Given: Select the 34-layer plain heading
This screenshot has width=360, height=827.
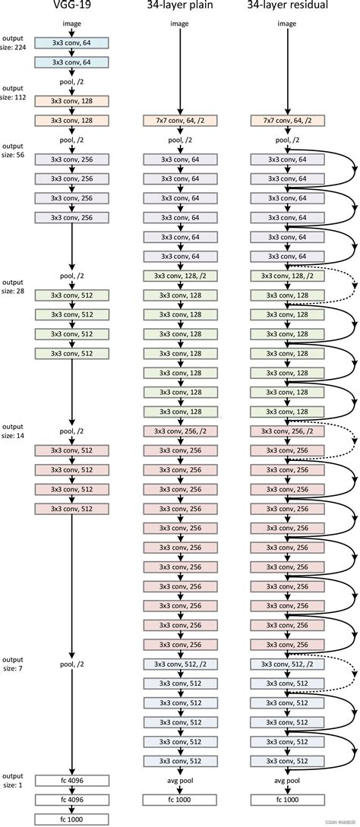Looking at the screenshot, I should coord(180,5).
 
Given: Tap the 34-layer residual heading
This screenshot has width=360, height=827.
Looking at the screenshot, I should coord(287,5).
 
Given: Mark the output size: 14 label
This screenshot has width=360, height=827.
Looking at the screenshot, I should coord(13,431).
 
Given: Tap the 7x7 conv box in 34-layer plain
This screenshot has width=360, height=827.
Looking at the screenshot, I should coord(180,120).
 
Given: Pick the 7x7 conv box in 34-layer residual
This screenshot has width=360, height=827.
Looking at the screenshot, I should coord(287,120).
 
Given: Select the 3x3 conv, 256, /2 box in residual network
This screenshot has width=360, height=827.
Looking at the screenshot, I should coord(287,431).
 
